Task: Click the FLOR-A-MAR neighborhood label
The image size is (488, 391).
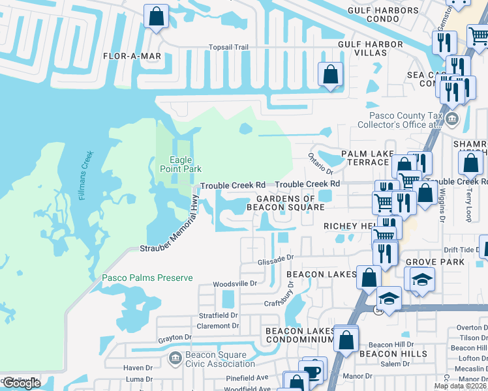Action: (x=132, y=56)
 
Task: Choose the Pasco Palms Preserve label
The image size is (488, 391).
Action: (x=147, y=278)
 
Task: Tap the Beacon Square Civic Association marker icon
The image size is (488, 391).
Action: (x=175, y=358)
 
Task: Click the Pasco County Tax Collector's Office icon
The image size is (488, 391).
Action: (x=452, y=119)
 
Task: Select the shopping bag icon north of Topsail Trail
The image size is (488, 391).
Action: (x=157, y=17)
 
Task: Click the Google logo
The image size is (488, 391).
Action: (x=22, y=383)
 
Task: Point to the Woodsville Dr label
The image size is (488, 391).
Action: (x=236, y=283)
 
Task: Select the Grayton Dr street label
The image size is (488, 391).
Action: (x=174, y=338)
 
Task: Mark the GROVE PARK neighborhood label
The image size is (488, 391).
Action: (x=435, y=262)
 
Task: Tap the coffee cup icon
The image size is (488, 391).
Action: (x=314, y=371)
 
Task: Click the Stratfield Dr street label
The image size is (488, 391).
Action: (x=219, y=315)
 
